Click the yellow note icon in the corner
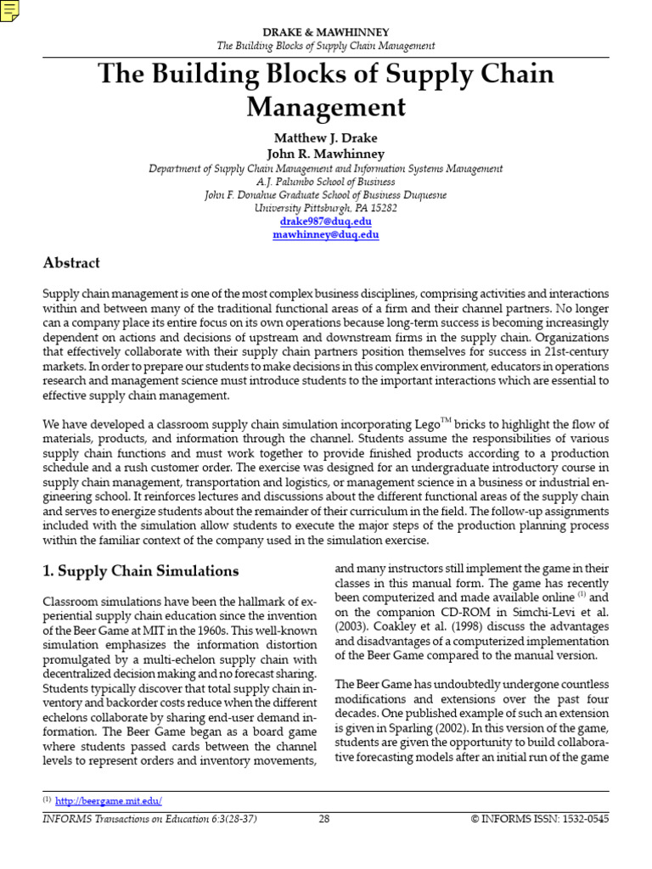tap(10, 9)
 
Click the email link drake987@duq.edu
tap(326, 221)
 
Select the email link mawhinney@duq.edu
tap(326, 235)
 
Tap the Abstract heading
tap(71, 263)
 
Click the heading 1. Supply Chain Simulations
tap(141, 571)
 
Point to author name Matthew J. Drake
tap(326, 137)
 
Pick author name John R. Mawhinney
tap(326, 154)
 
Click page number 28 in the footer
tap(323, 819)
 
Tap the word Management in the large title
tap(326, 108)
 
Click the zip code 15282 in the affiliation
tap(379, 207)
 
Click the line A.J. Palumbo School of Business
tap(326, 182)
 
